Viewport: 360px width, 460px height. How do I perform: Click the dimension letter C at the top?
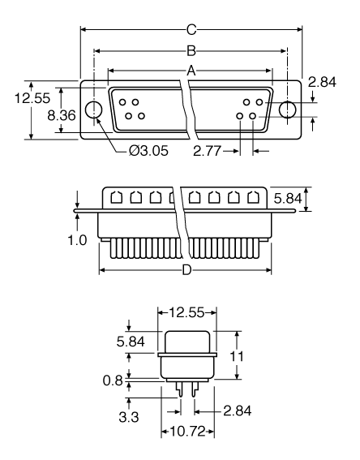[x=191, y=31]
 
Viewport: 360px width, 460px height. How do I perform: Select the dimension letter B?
[x=191, y=50]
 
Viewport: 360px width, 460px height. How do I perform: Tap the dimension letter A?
[x=191, y=71]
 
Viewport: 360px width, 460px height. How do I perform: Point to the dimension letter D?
[x=186, y=270]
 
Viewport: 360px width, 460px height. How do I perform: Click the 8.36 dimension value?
[x=62, y=116]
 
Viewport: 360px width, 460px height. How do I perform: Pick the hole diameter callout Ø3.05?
[x=148, y=151]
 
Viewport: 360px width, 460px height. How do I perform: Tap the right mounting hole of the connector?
[x=288, y=110]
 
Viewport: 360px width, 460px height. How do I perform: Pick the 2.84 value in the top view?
[x=327, y=81]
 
